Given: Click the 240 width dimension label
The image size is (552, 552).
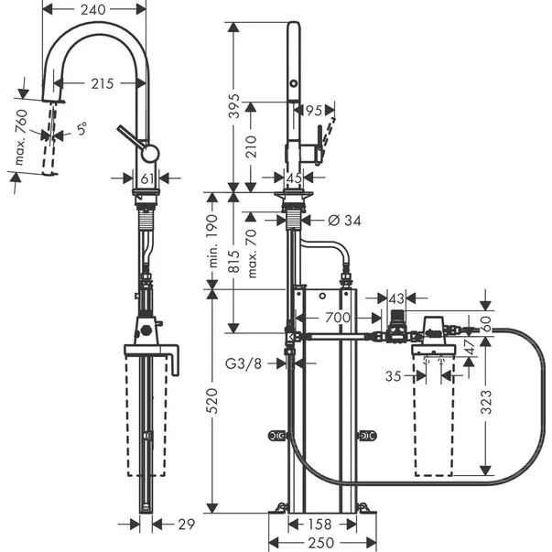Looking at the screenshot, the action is point(93,9).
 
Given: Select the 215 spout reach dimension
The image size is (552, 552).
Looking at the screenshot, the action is point(103,83).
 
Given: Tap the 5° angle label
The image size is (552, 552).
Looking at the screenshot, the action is point(81,129).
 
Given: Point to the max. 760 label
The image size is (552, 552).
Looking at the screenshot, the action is point(21,137).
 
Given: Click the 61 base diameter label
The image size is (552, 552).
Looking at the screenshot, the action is point(147,179).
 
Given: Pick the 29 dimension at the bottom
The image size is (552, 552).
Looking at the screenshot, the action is point(186,525).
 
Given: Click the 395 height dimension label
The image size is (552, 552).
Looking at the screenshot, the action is point(233,105).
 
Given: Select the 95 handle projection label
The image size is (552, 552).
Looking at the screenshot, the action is point(313,111).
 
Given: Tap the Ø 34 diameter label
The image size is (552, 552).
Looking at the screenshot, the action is point(344,221).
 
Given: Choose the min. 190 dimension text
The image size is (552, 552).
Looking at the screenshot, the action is point(212,241).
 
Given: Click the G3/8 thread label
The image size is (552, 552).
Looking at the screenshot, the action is point(244,363).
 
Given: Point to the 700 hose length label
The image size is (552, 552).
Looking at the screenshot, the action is point(338,318).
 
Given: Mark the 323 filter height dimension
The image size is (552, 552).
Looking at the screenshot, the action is point(486,401).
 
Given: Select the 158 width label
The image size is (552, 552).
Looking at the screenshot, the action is point(319,525).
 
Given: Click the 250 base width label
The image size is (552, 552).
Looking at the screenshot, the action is point(320,543).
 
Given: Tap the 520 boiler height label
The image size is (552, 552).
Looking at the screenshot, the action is point(212,401).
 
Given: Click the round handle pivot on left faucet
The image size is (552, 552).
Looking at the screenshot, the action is point(150,154).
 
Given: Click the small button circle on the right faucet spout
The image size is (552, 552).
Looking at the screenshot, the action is point(293,84).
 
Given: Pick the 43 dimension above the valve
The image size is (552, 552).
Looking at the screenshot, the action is point(396,298).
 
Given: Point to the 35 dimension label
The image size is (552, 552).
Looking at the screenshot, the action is point(394,376).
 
